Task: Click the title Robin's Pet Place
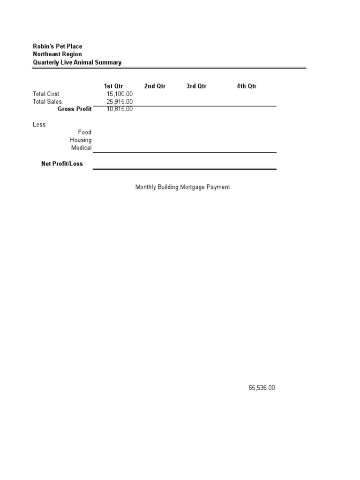(57, 46)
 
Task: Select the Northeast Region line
(57, 54)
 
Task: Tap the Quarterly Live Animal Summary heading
(77, 62)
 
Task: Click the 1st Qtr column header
(113, 86)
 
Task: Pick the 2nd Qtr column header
(155, 86)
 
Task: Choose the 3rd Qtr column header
(196, 86)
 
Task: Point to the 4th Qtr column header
(247, 86)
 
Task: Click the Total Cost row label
(46, 94)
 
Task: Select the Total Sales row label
(47, 102)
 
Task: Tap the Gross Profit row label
(75, 109)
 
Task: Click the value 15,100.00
(120, 94)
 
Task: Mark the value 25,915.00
(120, 102)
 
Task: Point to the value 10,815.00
(120, 109)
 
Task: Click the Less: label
(40, 125)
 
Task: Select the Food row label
(84, 132)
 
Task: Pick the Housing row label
(81, 140)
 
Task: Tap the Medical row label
(81, 148)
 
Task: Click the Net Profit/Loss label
(62, 164)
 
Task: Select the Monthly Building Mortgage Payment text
(182, 187)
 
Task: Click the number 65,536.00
(262, 388)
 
